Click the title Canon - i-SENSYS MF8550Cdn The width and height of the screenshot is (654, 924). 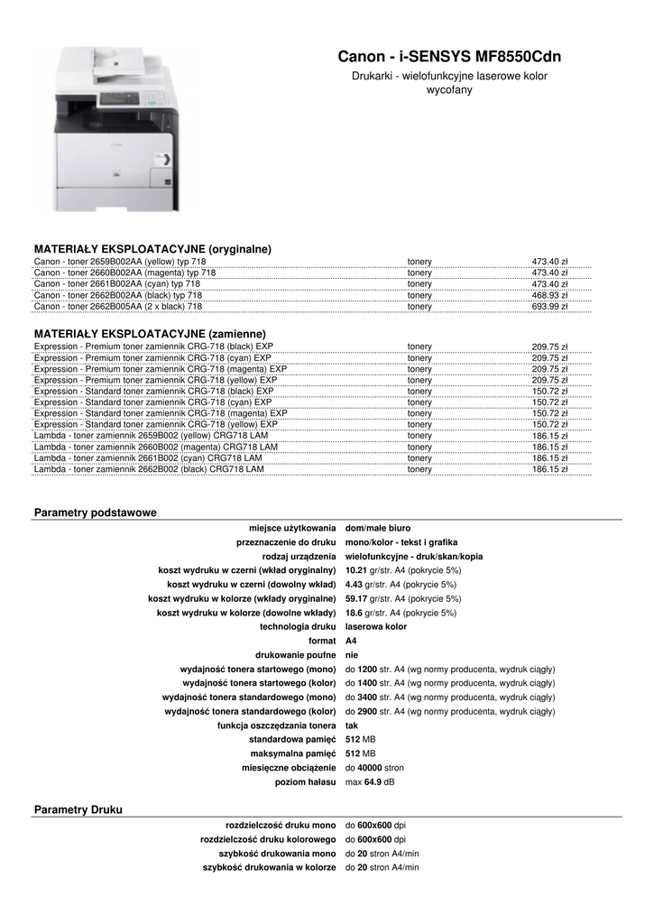[448, 57]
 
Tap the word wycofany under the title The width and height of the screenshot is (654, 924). [449, 91]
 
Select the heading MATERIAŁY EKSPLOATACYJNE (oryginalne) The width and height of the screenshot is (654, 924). [152, 249]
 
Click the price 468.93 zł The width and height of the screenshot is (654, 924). [549, 295]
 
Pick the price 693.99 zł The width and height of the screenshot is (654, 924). [549, 307]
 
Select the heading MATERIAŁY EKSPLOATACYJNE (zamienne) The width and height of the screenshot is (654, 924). [149, 334]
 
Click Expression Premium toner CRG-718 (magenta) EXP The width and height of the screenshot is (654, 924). [161, 369]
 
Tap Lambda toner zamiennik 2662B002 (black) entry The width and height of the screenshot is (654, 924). [149, 469]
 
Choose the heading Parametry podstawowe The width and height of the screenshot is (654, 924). [95, 513]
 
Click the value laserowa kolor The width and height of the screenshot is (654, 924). [376, 626]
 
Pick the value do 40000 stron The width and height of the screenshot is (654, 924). [374, 767]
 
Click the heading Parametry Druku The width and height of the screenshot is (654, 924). [78, 809]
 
